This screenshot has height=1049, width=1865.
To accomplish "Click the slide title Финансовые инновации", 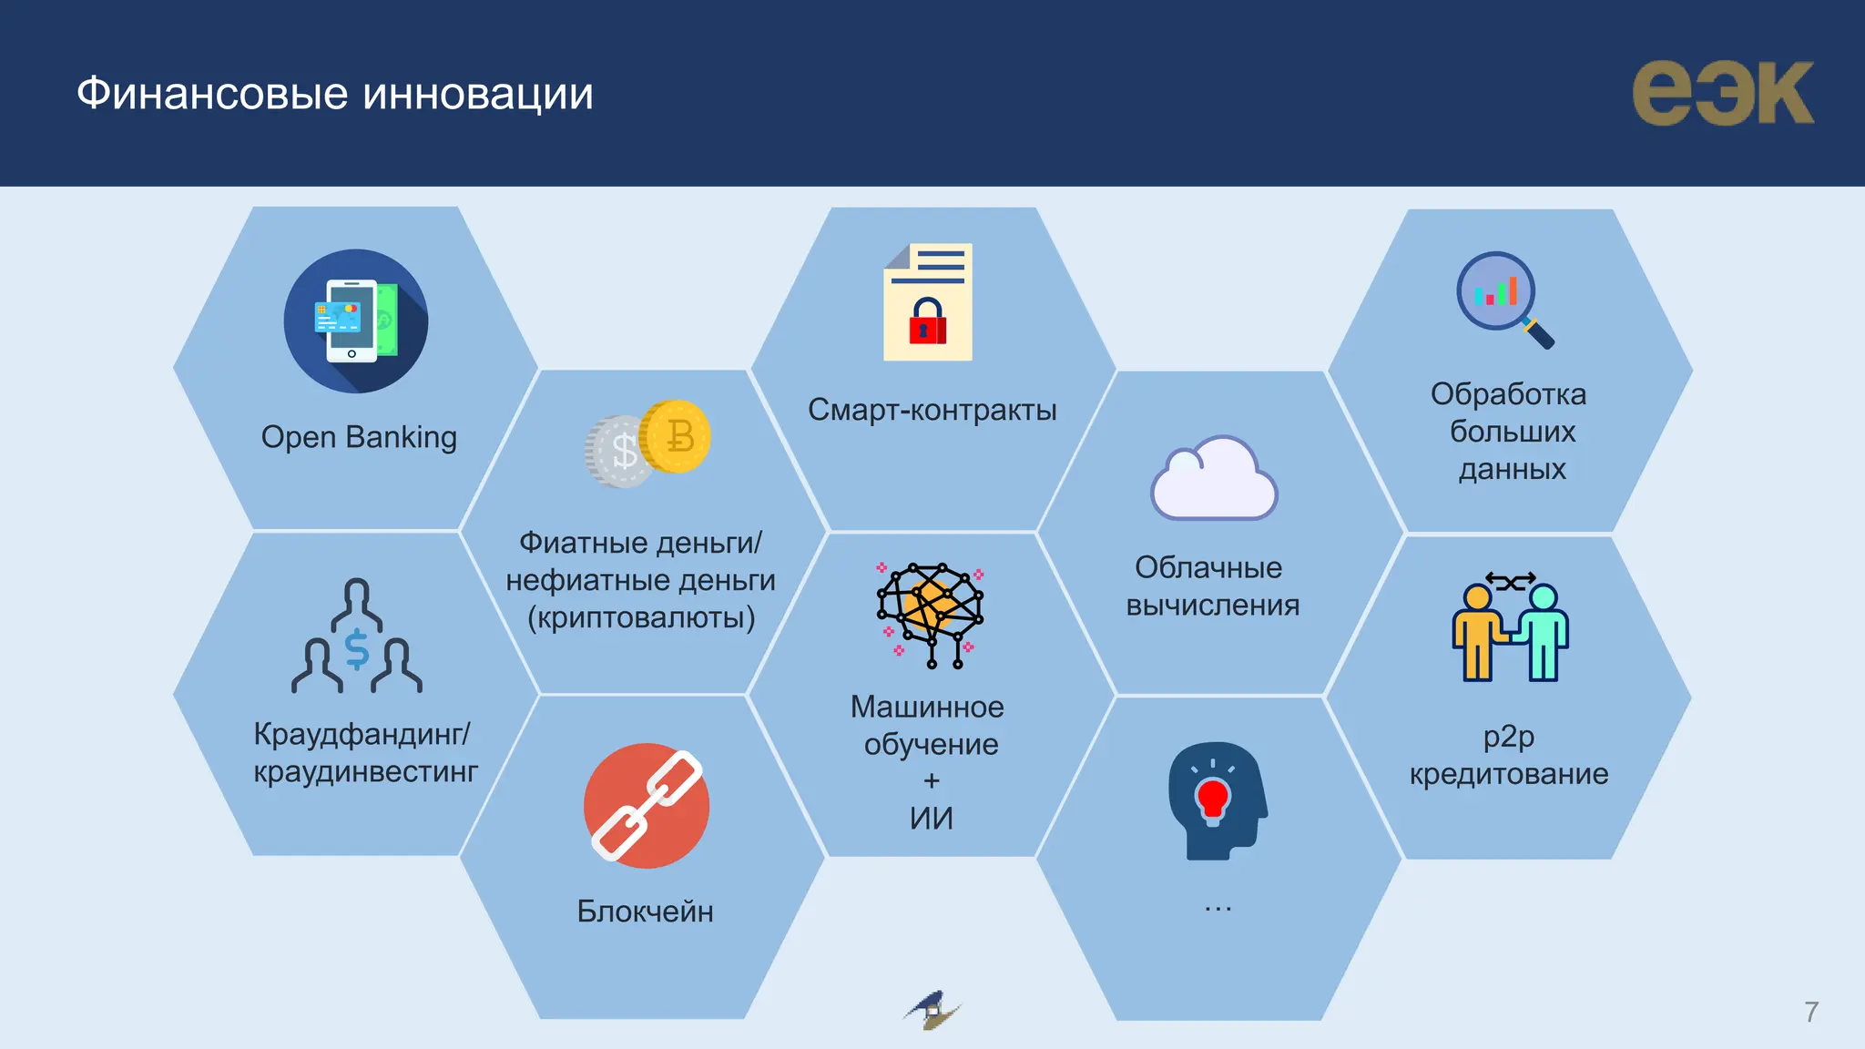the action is (x=334, y=94).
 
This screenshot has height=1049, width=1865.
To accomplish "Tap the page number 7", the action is (x=1811, y=1012).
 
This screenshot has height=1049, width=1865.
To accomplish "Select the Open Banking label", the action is (x=359, y=437).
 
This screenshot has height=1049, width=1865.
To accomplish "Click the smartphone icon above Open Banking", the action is (x=345, y=321).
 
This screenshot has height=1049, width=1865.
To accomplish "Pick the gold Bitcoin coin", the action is (x=675, y=436).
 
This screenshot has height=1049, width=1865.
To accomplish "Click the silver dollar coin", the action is (x=619, y=452).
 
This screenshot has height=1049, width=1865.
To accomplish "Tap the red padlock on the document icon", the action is (x=928, y=321).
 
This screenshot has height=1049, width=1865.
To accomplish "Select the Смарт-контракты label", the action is (x=932, y=410).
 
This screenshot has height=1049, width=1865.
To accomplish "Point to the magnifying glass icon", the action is (x=1504, y=300).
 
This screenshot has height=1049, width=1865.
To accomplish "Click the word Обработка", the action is (x=1508, y=394).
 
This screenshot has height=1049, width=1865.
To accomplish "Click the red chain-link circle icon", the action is (x=647, y=806).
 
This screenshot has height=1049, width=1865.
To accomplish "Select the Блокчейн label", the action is (x=645, y=912).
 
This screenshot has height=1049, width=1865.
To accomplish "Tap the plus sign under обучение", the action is (x=931, y=781).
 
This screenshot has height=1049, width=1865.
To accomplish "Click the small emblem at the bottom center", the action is (x=932, y=1010).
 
